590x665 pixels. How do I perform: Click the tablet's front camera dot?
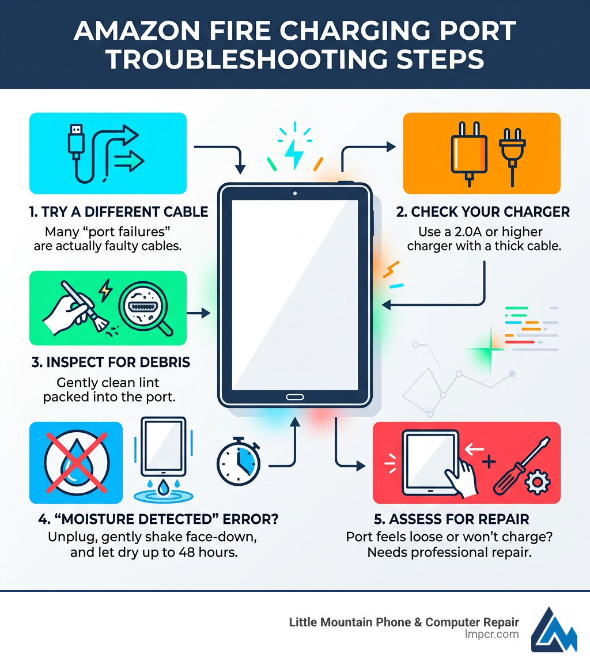[x=295, y=192]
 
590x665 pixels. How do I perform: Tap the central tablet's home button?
[x=295, y=397]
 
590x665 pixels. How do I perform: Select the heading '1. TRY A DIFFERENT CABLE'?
[x=118, y=212]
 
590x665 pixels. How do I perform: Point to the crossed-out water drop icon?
[x=76, y=462]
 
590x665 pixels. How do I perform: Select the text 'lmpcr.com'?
[x=492, y=634]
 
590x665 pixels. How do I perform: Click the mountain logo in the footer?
[x=554, y=629]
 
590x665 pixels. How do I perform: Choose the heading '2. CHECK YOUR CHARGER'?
[x=483, y=212]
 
